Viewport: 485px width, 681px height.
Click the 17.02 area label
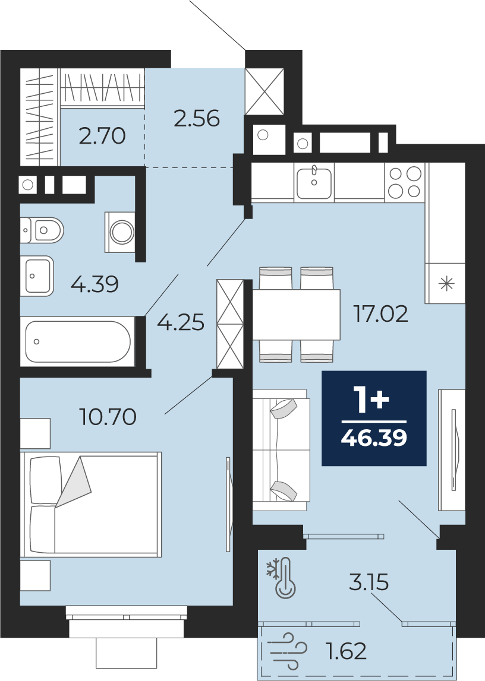coord(381,313)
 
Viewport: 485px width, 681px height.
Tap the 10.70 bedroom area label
coord(108,417)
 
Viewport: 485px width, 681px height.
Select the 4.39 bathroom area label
coord(95,284)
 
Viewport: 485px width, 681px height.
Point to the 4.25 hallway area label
coord(180,323)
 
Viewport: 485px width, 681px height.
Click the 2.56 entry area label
coord(197,118)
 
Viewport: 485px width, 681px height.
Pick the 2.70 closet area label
coord(103,136)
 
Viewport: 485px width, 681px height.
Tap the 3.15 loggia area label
coord(369,582)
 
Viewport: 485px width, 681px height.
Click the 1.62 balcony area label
coord(346,651)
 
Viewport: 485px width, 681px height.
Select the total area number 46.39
coord(374,438)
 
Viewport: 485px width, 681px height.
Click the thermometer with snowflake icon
coord(282,578)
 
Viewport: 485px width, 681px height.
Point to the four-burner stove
coord(405,182)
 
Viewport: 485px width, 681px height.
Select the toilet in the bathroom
coord(42,230)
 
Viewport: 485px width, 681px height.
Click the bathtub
coord(78,341)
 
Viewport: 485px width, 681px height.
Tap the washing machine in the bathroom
coord(120,232)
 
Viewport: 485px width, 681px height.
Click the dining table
coord(297,315)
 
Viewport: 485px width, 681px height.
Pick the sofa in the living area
coord(281,449)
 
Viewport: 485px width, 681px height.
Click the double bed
coord(92,504)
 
